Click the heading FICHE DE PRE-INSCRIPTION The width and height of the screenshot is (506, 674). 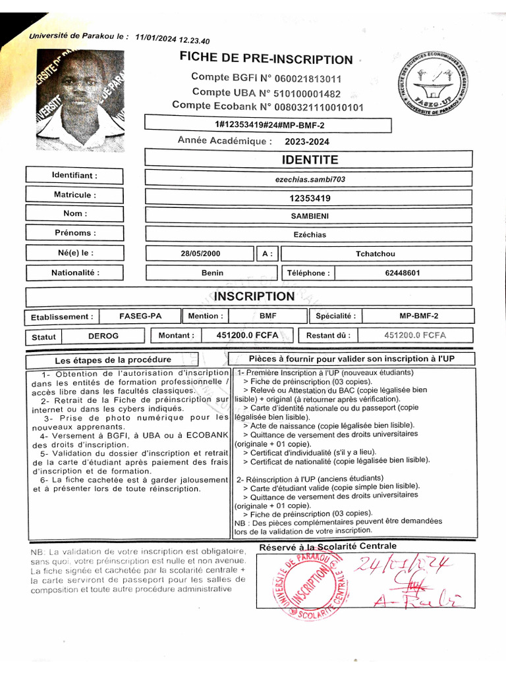[266, 59]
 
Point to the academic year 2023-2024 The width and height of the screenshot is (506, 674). [307, 142]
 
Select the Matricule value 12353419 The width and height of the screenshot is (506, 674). [309, 197]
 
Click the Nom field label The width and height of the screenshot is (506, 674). [74, 214]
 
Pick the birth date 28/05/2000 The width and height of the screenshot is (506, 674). [201, 254]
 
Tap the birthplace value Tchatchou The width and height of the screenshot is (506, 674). [376, 254]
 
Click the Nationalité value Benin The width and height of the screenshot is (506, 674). [212, 273]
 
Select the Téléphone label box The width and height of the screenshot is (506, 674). [306, 273]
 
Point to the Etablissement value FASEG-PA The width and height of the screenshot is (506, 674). [140, 317]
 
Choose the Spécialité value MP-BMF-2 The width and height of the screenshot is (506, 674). [418, 317]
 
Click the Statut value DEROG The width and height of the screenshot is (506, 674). [103, 336]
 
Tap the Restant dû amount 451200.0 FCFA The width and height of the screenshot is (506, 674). [414, 336]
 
